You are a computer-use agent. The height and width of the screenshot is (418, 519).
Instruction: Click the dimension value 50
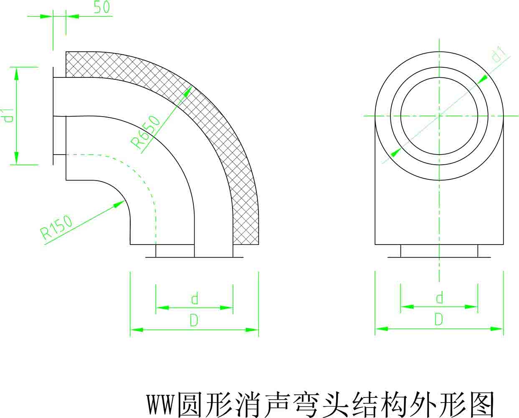101,7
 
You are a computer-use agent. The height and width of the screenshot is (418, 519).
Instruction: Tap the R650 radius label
145,132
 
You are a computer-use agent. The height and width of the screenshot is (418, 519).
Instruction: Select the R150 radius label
56,227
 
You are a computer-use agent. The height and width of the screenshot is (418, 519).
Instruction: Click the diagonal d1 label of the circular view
499,55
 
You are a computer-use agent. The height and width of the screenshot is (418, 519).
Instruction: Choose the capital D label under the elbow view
194,321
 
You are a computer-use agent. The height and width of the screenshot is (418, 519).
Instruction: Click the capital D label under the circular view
439,319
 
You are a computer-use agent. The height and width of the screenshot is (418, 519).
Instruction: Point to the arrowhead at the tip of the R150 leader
119,204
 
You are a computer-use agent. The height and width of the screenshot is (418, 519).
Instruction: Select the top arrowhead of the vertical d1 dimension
16,74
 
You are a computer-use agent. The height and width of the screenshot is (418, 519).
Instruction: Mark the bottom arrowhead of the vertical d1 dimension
16,158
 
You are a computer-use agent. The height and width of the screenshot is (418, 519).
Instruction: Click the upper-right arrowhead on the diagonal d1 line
482,79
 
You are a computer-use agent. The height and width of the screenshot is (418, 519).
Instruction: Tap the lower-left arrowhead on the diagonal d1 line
396,153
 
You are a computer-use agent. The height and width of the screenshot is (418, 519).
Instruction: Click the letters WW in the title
160,404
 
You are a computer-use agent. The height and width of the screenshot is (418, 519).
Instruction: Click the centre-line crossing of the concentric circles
439,116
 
